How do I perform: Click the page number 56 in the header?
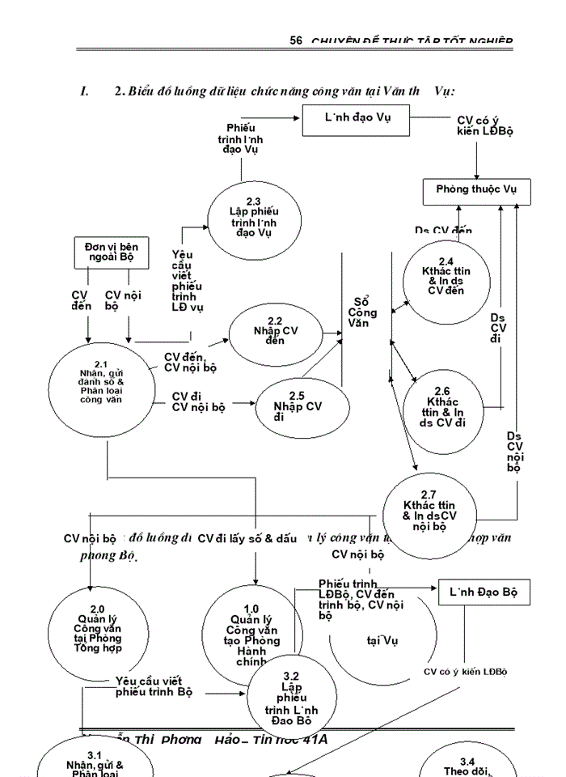[x=296, y=40]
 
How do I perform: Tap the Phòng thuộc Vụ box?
[x=476, y=189]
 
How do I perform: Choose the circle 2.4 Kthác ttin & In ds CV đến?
[x=446, y=280]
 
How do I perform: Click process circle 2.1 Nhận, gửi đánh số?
[x=96, y=383]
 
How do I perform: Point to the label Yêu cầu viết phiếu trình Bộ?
[x=154, y=686]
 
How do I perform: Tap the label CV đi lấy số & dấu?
[x=247, y=537]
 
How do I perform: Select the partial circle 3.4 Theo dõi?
[x=467, y=766]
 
